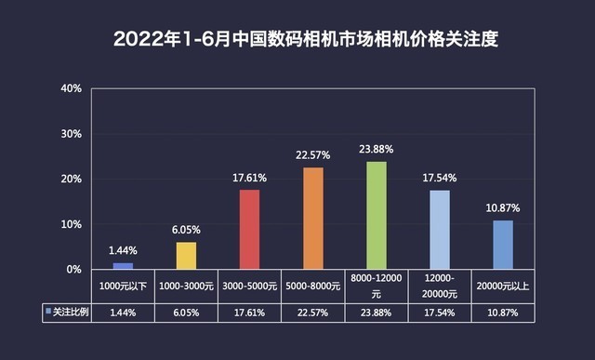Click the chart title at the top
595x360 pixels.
coord(298,40)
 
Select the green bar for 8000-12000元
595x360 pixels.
coord(377,216)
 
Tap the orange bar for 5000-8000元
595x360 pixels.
coord(313,219)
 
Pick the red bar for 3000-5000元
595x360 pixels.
coord(250,230)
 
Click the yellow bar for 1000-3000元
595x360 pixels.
coord(187,256)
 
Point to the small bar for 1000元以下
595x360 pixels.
coord(124,266)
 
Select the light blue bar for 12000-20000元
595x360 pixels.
coord(440,230)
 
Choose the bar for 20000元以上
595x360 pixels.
coord(503,245)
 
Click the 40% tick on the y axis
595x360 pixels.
coord(72,88)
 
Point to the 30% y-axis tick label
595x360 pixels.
coord(72,134)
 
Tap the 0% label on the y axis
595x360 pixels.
coord(74,270)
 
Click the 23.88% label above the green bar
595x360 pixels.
coord(377,151)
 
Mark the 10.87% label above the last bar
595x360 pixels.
coord(503,209)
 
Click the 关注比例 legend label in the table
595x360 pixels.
coord(69,312)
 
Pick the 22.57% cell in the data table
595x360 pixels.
coord(313,312)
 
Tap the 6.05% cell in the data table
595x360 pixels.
coord(187,312)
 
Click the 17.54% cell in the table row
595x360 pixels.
coord(440,312)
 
